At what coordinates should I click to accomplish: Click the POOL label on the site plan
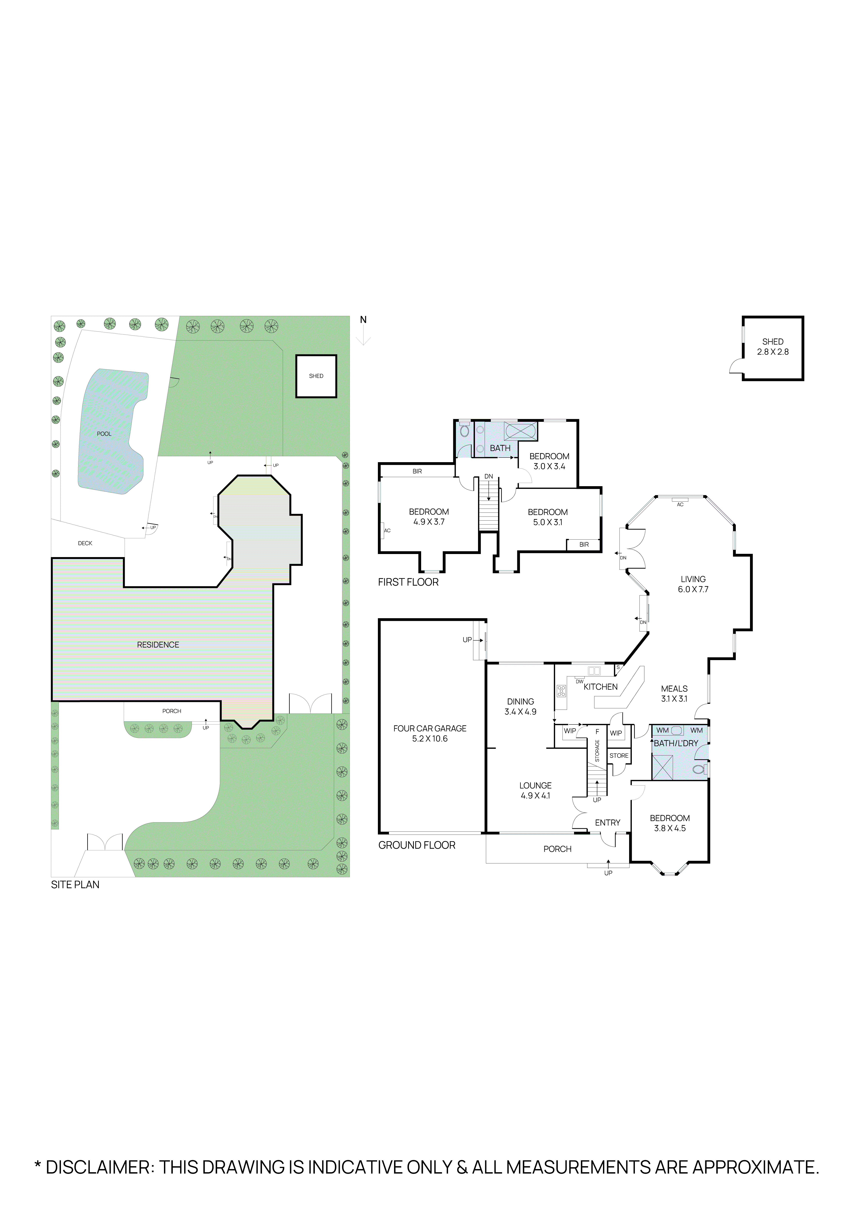pos(104,434)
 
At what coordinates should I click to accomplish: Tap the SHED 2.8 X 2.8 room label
pos(773,346)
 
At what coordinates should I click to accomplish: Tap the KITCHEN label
pos(600,687)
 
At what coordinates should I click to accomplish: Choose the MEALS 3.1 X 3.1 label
pos(674,693)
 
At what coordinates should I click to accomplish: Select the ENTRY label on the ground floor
pos(607,823)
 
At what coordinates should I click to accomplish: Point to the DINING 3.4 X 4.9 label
pos(521,707)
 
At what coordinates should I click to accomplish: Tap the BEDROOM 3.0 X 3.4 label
pos(549,461)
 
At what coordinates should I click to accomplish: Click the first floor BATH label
pos(500,448)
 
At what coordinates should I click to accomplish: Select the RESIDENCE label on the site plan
pos(158,645)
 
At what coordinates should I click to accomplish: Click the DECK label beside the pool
pos(85,543)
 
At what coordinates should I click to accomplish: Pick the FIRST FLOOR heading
pos(408,582)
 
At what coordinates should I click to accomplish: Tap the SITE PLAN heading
pos(75,885)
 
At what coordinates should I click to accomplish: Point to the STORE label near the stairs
pos(619,755)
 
